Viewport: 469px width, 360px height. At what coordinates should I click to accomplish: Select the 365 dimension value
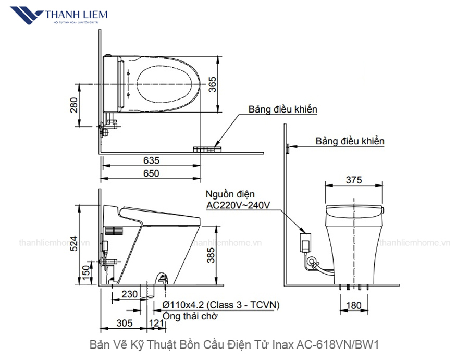click(213, 84)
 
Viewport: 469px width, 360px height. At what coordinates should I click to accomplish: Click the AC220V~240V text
click(238, 205)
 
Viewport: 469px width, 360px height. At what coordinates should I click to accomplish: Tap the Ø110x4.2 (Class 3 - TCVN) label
click(221, 304)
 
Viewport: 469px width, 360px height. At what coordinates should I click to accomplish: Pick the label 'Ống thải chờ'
click(190, 316)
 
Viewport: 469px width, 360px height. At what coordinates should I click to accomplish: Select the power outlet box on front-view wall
click(305, 241)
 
